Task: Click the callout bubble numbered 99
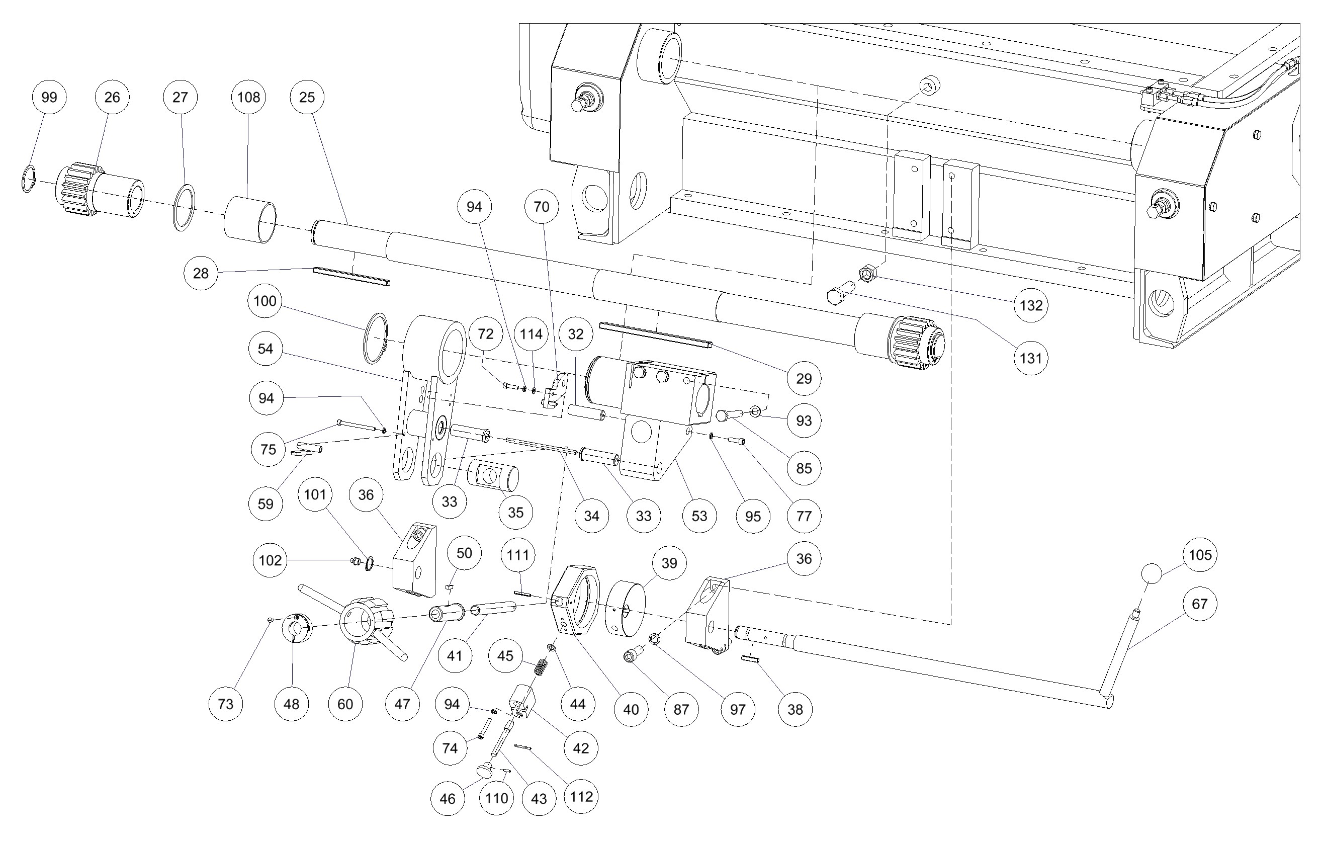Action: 49,98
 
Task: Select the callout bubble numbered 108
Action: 248,98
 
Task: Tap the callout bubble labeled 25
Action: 307,98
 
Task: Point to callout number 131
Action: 1030,358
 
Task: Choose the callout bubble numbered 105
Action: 1200,555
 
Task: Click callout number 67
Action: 1199,604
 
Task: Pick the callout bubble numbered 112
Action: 581,796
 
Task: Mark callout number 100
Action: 265,301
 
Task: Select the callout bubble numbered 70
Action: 542,207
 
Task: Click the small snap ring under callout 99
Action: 29,179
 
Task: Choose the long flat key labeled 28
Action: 352,277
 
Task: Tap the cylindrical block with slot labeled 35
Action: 493,476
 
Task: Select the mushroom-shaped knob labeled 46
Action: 484,769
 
